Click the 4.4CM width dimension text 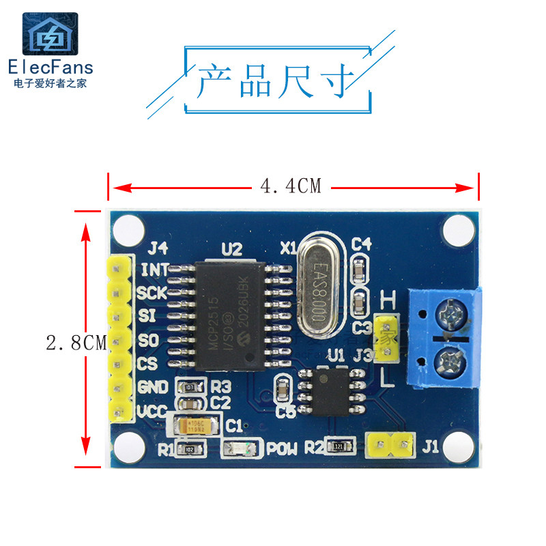tap(290, 186)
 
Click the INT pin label tap(154, 269)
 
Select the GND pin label tap(153, 388)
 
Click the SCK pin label tap(152, 293)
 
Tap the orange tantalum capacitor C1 tap(197, 427)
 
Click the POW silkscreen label tap(282, 449)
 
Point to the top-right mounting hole tap(458, 230)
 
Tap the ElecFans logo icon tap(50, 35)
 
